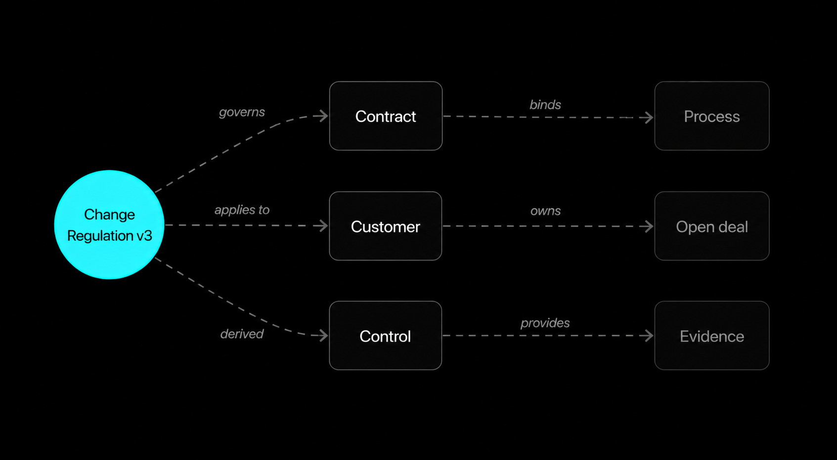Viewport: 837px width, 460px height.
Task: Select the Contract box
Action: coord(386,116)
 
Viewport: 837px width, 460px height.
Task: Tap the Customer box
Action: coord(386,226)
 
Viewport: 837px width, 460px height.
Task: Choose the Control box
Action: coord(386,336)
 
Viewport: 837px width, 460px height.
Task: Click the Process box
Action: coord(711,116)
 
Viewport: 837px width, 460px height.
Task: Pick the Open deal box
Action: coord(711,226)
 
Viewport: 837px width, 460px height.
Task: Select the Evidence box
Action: coord(711,336)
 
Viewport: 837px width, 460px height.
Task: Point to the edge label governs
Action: coord(242,112)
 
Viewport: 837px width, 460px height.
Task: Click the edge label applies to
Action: coord(242,210)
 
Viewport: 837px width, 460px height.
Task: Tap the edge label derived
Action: coord(242,334)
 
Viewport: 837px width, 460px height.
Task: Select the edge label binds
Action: coord(545,105)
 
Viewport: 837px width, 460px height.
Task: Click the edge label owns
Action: coord(545,211)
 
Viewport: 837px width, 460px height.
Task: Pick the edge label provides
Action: coord(545,323)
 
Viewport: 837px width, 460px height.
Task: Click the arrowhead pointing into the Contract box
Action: coord(322,116)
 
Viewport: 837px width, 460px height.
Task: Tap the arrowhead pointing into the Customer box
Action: coord(322,226)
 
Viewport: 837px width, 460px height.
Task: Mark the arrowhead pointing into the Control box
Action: coord(322,336)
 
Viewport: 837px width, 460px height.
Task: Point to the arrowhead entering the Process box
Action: coord(648,117)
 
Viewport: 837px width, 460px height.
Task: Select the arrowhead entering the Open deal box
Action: coord(648,226)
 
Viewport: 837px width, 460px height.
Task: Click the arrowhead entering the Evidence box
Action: coord(648,336)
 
